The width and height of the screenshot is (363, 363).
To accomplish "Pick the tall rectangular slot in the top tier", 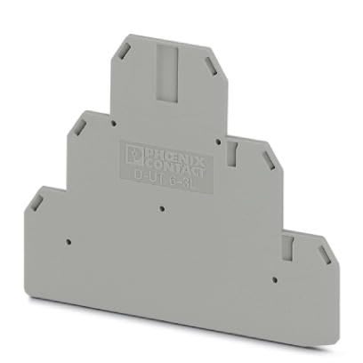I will pyautogui.click(x=168, y=70).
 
